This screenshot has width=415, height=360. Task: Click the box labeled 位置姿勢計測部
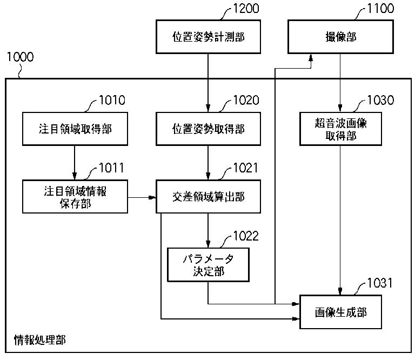[208, 37]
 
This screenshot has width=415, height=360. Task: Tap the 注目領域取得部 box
[74, 129]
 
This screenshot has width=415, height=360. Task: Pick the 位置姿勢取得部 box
[208, 129]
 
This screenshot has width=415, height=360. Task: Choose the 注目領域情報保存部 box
[74, 197]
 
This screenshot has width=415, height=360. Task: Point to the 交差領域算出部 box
[208, 197]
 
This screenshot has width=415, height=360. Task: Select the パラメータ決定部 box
[208, 264]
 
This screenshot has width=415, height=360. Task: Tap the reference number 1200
[245, 8]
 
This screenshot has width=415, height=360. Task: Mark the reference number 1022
[245, 236]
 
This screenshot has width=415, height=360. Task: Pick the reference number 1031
[380, 283]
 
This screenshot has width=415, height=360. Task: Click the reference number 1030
[380, 100]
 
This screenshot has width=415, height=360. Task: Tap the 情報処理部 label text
[39, 341]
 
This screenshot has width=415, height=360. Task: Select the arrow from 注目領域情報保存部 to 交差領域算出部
[142, 197]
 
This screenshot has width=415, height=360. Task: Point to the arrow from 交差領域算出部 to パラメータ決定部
[208, 230]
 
